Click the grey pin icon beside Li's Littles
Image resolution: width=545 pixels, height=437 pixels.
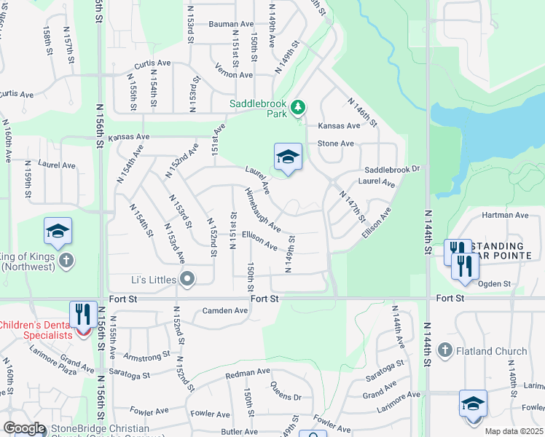pyautogui.click(x=187, y=279)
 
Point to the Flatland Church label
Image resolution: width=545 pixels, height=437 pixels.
pyautogui.click(x=491, y=351)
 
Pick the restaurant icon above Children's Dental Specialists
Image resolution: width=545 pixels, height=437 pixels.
pyautogui.click(x=82, y=315)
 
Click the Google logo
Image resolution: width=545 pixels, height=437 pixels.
pyautogui.click(x=24, y=428)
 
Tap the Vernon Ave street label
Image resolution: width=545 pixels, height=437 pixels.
pyautogui.click(x=234, y=74)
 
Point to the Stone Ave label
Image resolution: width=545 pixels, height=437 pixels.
pyautogui.click(x=336, y=144)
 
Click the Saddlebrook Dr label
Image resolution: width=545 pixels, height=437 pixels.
pyautogui.click(x=393, y=169)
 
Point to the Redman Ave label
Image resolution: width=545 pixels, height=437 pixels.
pyautogui.click(x=248, y=373)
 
